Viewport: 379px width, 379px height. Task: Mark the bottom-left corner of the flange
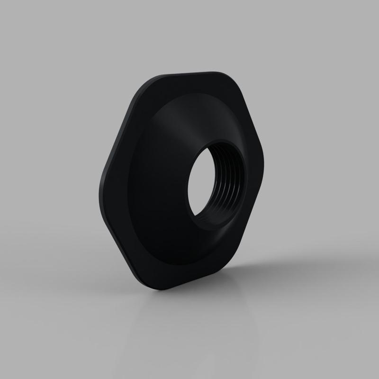pyautogui.click(x=142, y=280)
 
